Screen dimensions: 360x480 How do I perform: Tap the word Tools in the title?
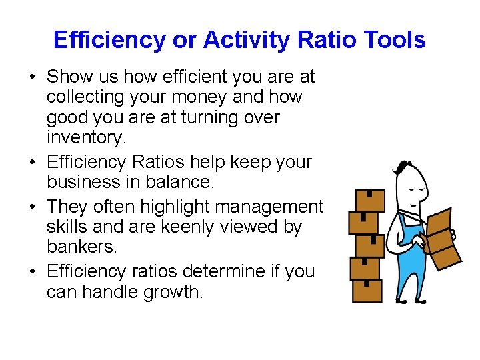(x=393, y=40)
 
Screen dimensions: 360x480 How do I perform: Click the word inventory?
(x=85, y=138)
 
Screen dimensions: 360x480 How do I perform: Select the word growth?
(x=171, y=291)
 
